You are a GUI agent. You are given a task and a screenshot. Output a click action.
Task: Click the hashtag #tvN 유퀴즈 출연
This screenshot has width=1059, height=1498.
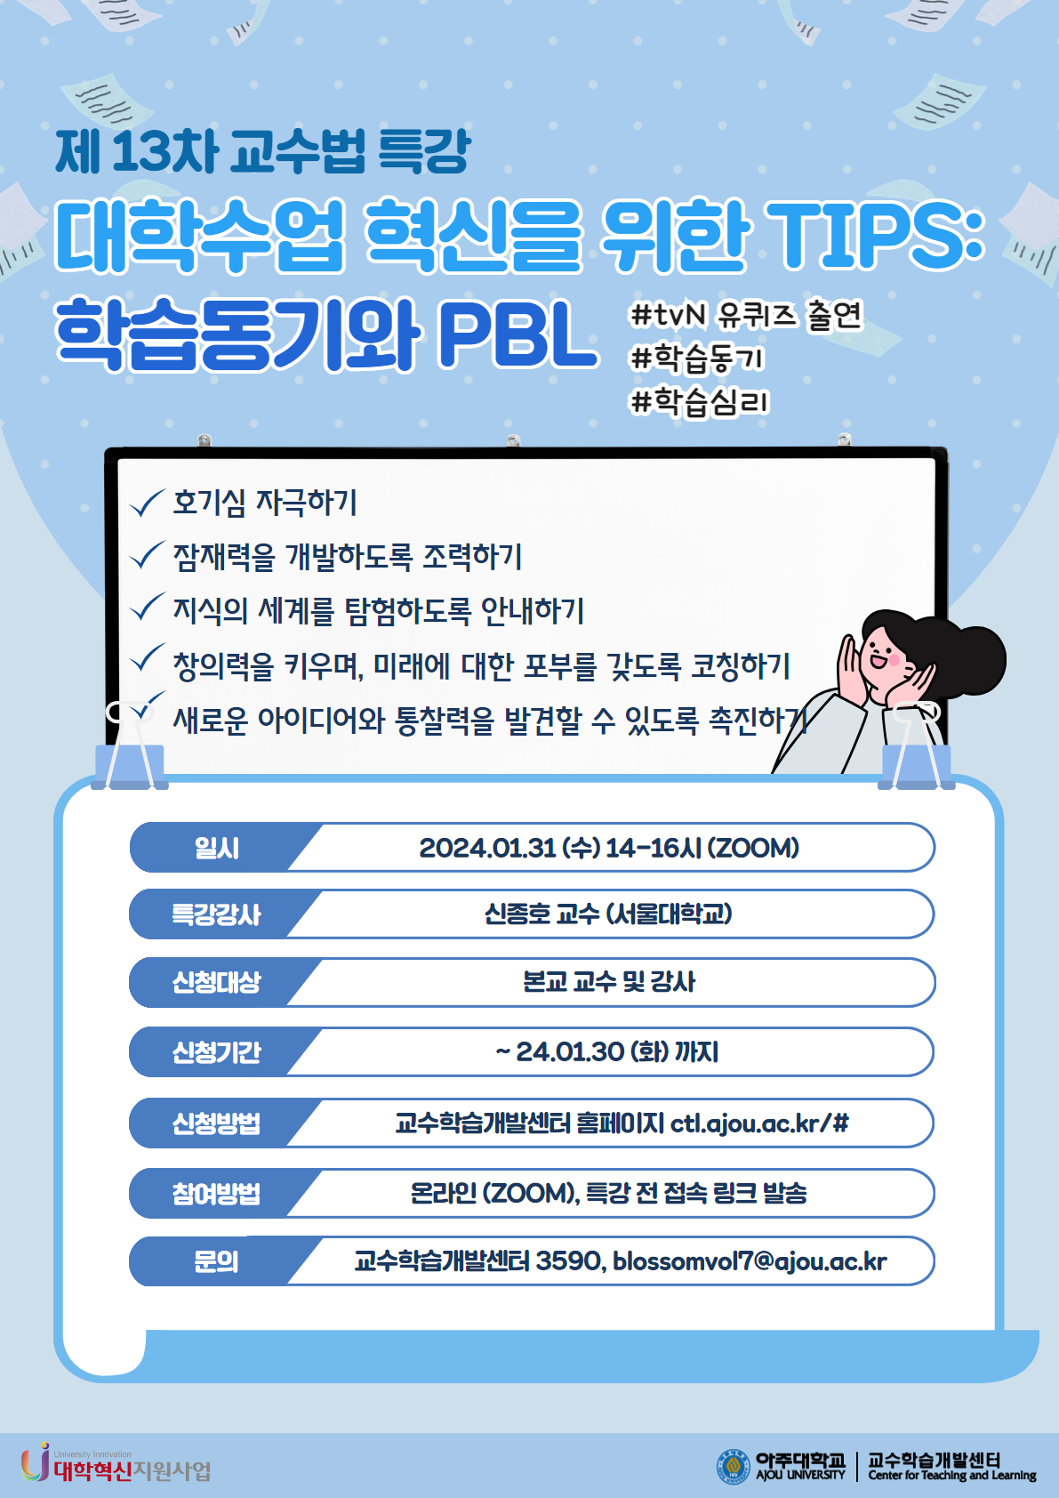point(746,315)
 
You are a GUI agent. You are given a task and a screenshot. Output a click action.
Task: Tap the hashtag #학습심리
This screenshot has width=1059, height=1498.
point(699,402)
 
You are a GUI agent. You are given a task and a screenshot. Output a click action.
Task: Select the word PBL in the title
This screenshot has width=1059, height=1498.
point(518,335)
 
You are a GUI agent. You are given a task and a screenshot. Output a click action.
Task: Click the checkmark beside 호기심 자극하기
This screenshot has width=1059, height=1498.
point(148,503)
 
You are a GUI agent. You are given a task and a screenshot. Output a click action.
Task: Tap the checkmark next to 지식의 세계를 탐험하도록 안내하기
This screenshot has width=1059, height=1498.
point(148,607)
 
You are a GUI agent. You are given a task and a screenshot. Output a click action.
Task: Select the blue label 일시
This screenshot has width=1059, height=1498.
point(217,848)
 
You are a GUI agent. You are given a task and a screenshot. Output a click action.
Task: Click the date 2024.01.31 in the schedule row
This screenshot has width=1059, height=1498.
point(487,848)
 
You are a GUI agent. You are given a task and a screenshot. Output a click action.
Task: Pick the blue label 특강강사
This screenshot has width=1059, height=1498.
point(217,914)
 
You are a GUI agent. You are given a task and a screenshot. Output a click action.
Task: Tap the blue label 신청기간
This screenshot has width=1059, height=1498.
point(217,1052)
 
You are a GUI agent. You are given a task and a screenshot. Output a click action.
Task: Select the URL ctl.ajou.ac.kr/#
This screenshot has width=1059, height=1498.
point(759,1123)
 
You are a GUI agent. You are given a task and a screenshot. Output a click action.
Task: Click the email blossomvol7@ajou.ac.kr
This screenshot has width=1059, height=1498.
point(750,1261)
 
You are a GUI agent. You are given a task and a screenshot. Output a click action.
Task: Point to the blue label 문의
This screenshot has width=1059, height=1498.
point(217,1261)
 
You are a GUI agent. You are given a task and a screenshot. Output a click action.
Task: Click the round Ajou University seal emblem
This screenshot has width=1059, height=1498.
point(734,1467)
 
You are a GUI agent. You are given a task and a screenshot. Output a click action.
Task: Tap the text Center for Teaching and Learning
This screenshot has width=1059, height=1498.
point(952,1475)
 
